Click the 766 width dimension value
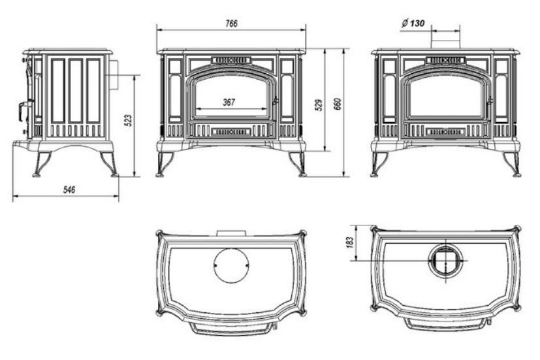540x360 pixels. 230,23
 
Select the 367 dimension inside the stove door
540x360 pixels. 229,102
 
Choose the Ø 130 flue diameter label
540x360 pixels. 413,23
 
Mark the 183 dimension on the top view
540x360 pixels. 349,242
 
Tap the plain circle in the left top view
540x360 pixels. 231,265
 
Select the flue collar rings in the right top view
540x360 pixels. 445,260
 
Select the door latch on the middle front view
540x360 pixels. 276,102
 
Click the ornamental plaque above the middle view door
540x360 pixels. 231,60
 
